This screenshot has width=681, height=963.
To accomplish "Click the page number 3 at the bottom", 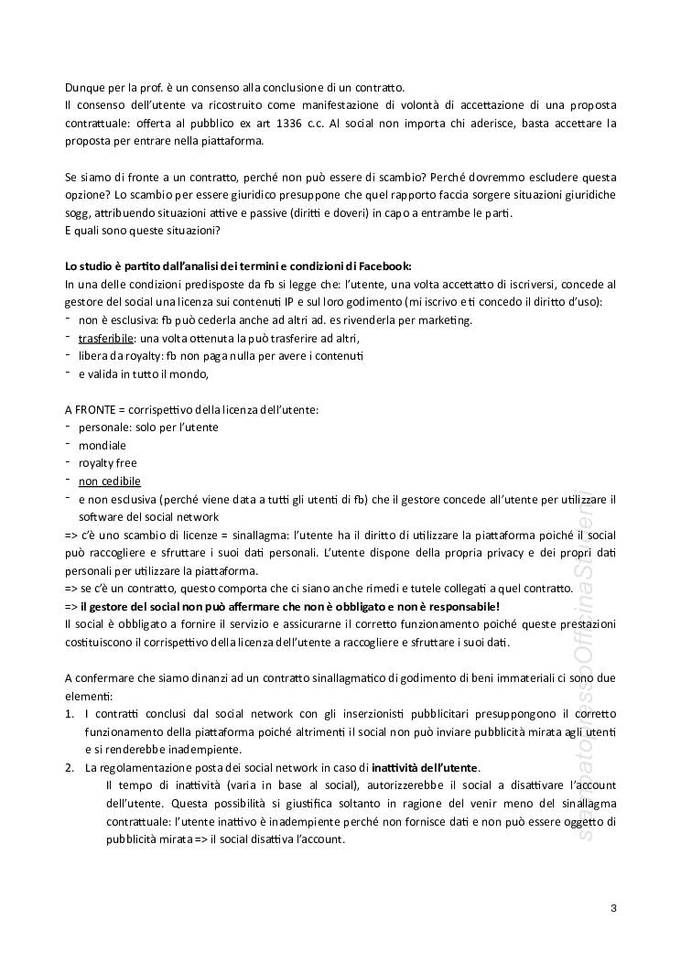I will (x=612, y=908).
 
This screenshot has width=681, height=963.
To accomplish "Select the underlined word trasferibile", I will (x=106, y=338).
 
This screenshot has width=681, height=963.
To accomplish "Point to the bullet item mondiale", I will (x=103, y=445).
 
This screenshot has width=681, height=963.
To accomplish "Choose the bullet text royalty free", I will (x=107, y=463).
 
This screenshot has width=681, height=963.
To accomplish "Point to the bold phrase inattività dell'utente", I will (x=425, y=767).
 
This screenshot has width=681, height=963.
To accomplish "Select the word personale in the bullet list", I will (x=103, y=427).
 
